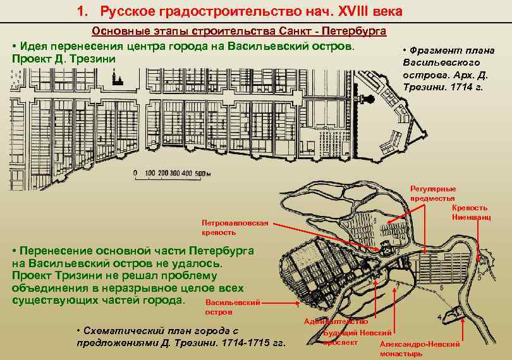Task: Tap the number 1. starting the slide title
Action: click(x=82, y=11)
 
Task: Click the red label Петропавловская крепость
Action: click(x=235, y=227)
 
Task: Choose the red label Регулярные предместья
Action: click(x=433, y=193)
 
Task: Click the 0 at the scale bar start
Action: click(x=135, y=173)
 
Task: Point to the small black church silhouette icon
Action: click(x=116, y=78)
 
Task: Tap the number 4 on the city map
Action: click(x=439, y=316)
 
